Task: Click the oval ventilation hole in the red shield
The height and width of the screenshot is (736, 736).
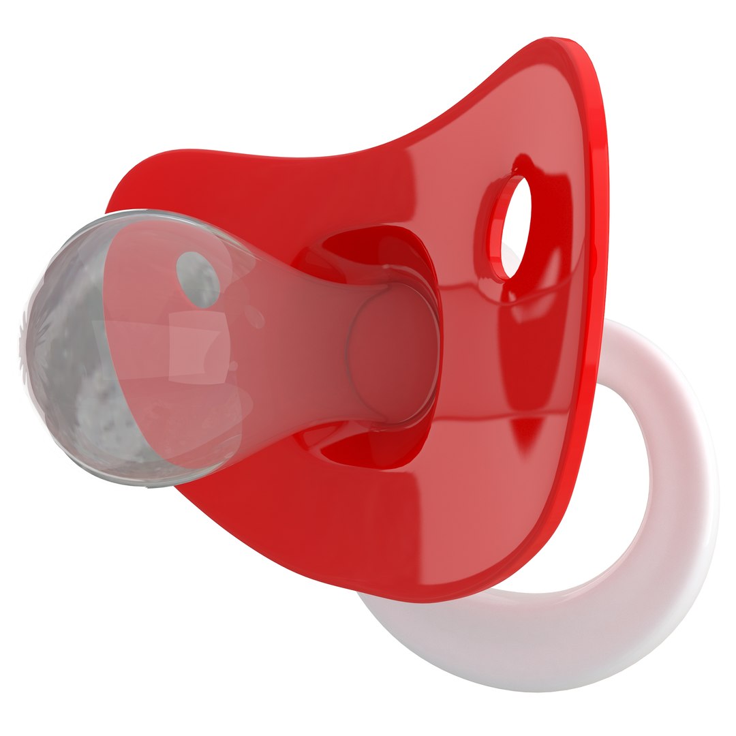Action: pos(516,226)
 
